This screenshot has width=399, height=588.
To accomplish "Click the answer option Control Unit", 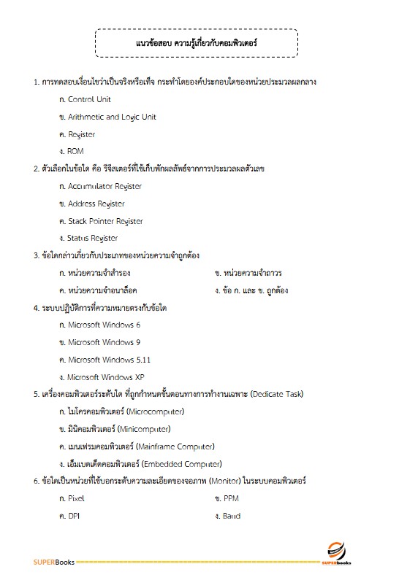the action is tap(89, 99).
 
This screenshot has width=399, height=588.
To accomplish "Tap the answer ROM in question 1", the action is tap(76, 151).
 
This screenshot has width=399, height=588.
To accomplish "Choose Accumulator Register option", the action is tap(104, 186).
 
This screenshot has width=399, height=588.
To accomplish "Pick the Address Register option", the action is tap(96, 204).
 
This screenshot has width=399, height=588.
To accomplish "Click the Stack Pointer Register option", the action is tap(105, 221).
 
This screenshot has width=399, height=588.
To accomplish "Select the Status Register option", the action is tap(93, 238).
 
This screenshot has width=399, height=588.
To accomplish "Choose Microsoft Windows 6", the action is tap(104, 325).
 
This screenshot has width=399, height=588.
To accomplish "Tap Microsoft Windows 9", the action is tap(104, 342).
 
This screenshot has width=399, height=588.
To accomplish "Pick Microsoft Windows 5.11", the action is tap(110, 360).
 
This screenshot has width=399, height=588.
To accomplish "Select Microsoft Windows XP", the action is tap(106, 377).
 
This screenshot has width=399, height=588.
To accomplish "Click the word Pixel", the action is tap(77, 498).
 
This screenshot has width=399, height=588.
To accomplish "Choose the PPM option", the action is tap(232, 498).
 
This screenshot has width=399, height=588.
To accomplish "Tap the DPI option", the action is tap(74, 516).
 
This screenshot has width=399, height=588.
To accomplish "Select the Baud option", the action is tap(232, 516).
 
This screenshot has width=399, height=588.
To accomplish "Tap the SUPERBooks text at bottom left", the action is tap(54, 562).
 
